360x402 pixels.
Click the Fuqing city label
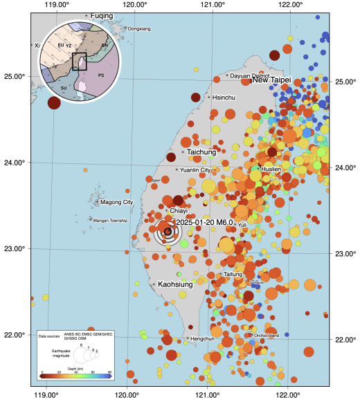point(101,15)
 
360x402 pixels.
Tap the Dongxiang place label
point(138,28)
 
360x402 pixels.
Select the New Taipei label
point(271,80)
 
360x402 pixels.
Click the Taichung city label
point(201,152)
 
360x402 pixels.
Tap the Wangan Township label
point(111,220)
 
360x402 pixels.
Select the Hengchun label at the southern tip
point(202,338)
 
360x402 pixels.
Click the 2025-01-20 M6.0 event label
point(205,221)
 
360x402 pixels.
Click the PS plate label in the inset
point(101,75)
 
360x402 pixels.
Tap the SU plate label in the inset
point(64,89)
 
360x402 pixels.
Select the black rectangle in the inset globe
point(79,61)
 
